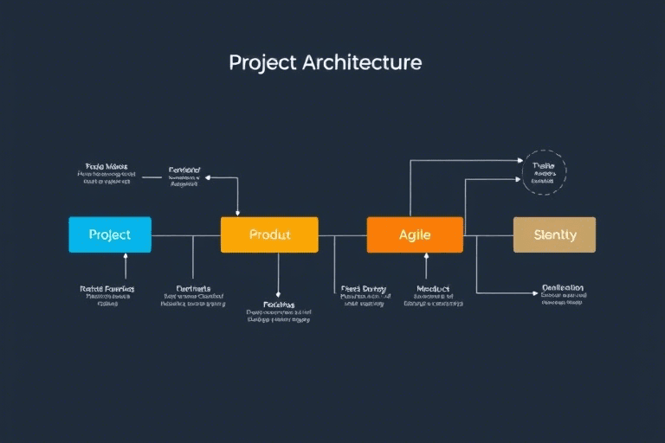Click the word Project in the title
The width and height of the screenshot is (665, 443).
click(x=261, y=63)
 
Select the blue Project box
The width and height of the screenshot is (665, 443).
click(x=110, y=234)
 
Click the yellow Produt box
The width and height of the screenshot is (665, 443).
click(x=269, y=234)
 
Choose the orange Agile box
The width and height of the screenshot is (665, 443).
click(x=415, y=234)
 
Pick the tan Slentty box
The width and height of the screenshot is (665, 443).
click(x=554, y=234)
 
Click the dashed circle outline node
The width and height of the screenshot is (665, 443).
click(x=545, y=172)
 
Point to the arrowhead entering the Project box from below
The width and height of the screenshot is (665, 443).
click(x=126, y=257)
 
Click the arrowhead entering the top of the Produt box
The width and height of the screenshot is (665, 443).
click(x=237, y=213)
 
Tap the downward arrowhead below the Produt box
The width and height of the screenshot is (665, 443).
click(x=278, y=296)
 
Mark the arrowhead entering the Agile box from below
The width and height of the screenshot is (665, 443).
click(x=426, y=257)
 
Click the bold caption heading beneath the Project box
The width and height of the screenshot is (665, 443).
click(x=107, y=288)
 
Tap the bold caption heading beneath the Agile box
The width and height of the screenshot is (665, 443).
click(x=433, y=288)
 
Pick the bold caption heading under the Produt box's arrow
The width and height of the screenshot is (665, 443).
click(x=278, y=305)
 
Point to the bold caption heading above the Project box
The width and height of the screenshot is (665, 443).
click(x=107, y=165)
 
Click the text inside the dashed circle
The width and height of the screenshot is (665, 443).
click(x=544, y=173)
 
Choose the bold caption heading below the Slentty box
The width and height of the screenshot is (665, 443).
click(x=562, y=287)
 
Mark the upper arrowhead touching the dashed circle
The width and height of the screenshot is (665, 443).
click(x=521, y=161)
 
